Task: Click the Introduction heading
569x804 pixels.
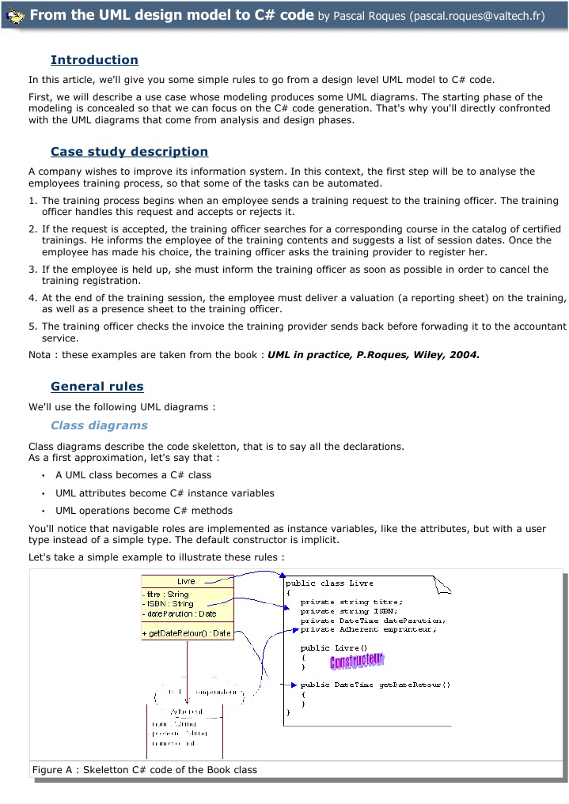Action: click(x=94, y=60)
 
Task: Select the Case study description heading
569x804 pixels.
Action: click(x=129, y=152)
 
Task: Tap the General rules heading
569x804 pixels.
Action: click(x=97, y=387)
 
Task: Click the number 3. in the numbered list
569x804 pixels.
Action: click(x=33, y=270)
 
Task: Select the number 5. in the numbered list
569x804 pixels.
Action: click(x=33, y=327)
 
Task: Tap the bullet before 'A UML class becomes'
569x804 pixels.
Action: click(x=42, y=476)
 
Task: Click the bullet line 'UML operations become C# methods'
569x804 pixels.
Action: click(x=143, y=511)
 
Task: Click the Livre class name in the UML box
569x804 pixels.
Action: click(x=187, y=582)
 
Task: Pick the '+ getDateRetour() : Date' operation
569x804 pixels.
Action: click(x=188, y=632)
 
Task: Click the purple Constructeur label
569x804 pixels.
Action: click(x=356, y=660)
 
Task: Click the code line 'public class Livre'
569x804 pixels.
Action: click(x=329, y=583)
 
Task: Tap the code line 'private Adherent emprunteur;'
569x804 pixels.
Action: click(x=368, y=630)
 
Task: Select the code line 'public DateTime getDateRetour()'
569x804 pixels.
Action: click(x=375, y=685)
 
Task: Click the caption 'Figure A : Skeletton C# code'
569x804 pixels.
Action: click(x=145, y=769)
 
